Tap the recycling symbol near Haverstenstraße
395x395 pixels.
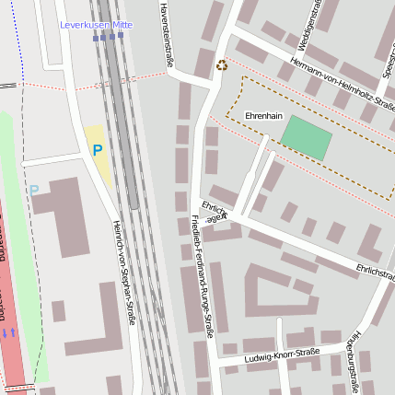point(221,64)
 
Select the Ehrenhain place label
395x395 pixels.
point(263,116)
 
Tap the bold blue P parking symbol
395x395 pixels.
point(97,149)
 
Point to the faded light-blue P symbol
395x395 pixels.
point(34,191)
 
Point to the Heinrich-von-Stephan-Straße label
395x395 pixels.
point(123,272)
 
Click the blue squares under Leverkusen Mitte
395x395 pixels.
point(108,37)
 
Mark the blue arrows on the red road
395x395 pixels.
point(8,331)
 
